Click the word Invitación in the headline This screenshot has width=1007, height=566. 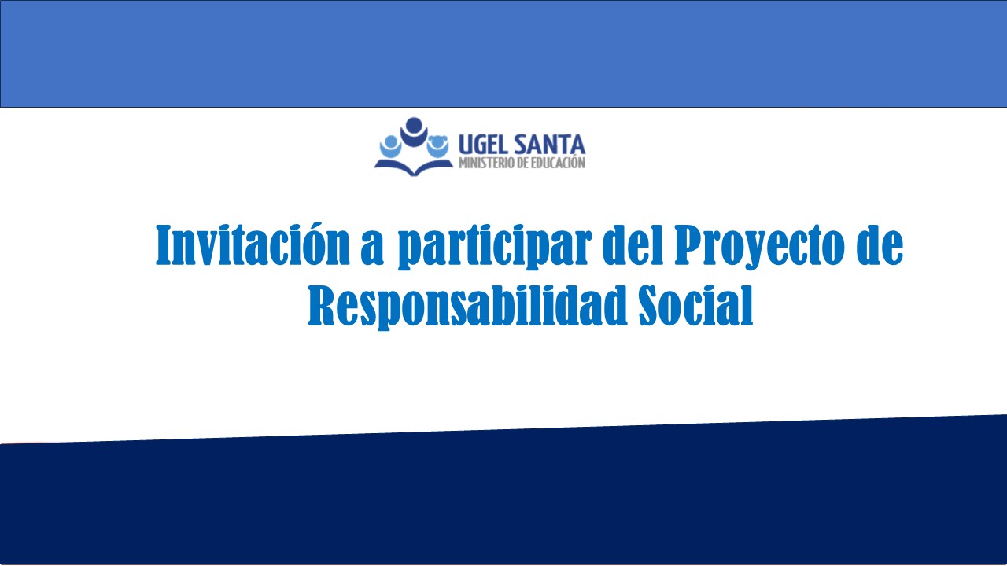pyautogui.click(x=253, y=244)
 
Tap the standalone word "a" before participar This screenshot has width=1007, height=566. pyautogui.click(x=372, y=251)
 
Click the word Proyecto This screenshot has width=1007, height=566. pyautogui.click(x=759, y=247)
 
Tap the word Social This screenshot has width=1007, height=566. pyautogui.click(x=696, y=305)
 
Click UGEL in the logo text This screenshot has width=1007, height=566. pyautogui.click(x=483, y=145)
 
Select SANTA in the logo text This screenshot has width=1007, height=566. pyautogui.click(x=549, y=145)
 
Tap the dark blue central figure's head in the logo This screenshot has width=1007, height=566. pyautogui.click(x=414, y=124)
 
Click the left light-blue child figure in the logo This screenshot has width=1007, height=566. pyautogui.click(x=390, y=146)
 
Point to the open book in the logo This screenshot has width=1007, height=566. pyautogui.click(x=414, y=166)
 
